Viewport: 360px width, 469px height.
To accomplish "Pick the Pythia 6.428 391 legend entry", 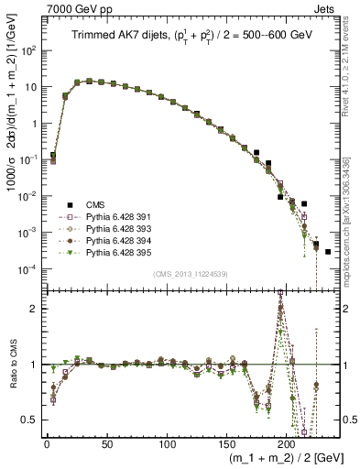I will (109, 215).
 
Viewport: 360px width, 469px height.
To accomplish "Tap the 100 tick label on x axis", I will (167, 443).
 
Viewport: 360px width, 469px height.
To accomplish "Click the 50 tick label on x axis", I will (106, 443).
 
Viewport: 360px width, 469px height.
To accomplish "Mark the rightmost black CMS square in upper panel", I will (328, 251).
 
